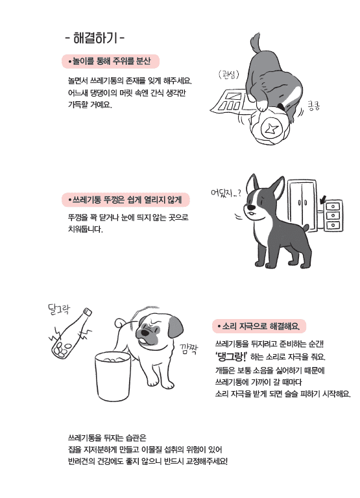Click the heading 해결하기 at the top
click(95, 38)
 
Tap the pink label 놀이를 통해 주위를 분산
click(110, 61)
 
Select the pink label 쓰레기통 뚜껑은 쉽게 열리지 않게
click(125, 200)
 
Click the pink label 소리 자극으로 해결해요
click(259, 326)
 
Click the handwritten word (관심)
click(228, 75)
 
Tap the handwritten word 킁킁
click(313, 105)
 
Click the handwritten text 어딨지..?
click(226, 192)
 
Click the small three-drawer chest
click(333, 215)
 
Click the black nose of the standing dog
click(251, 207)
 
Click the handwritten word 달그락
click(59, 309)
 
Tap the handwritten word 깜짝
click(189, 349)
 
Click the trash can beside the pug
click(113, 376)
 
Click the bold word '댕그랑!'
click(231, 357)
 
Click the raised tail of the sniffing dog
click(256, 43)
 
